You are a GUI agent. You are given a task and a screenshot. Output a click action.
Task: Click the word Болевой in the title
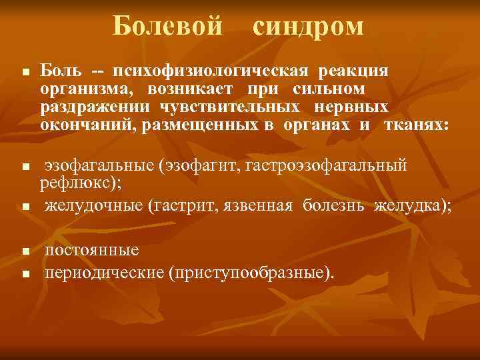[x=167, y=27]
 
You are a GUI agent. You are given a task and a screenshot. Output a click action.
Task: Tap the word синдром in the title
[x=309, y=27]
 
